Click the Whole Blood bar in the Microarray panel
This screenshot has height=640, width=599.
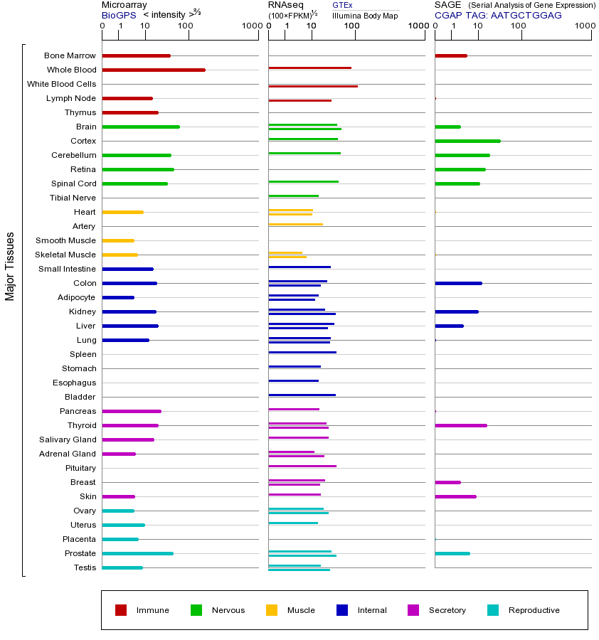(154, 70)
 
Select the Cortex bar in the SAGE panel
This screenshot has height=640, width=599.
(467, 141)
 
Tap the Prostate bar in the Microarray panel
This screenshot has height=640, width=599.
(137, 553)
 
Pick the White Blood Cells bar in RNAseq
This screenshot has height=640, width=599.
(313, 86)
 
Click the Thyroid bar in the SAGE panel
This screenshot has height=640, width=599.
(460, 425)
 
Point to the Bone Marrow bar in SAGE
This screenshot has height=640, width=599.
(450, 55)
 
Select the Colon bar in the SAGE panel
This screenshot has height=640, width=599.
(458, 283)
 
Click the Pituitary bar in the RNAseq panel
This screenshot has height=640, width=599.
(302, 466)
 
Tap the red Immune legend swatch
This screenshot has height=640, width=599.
(121, 610)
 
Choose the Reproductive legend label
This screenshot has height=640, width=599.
(534, 610)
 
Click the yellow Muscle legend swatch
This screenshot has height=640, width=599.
(272, 610)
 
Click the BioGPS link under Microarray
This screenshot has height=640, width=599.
(119, 15)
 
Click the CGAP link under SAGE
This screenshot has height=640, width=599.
(448, 15)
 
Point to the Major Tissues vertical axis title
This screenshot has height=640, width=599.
(10, 266)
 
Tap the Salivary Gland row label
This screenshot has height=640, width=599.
(68, 439)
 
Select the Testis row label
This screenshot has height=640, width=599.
(85, 567)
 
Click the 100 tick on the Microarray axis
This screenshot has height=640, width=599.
(185, 26)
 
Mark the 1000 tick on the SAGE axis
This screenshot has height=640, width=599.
(585, 26)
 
